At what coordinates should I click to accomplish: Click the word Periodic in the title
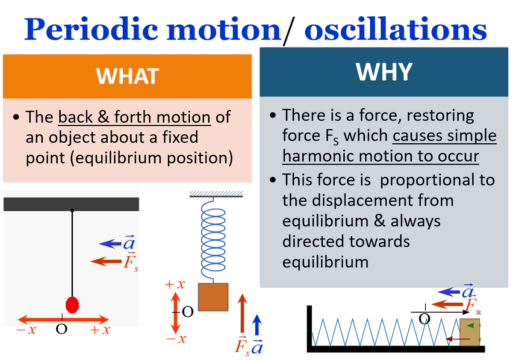click(x=91, y=29)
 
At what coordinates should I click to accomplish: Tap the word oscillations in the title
click(x=395, y=29)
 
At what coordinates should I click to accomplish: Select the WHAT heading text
click(x=127, y=76)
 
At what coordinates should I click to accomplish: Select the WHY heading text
click(x=384, y=72)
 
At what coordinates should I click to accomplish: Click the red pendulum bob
click(x=72, y=305)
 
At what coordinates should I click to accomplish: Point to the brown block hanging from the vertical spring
click(x=213, y=297)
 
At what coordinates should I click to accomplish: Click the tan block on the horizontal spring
click(x=470, y=332)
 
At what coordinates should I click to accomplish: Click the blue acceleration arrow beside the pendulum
click(x=110, y=244)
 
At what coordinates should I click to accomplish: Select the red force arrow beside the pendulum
click(x=106, y=261)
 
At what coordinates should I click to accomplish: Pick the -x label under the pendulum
click(x=26, y=330)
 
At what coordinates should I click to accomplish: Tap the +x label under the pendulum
click(x=100, y=330)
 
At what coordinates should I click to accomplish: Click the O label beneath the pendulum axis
click(x=62, y=329)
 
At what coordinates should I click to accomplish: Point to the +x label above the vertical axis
click(x=175, y=284)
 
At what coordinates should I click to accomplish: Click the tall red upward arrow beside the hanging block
click(x=242, y=313)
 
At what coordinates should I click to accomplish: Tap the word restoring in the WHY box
click(x=440, y=115)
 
